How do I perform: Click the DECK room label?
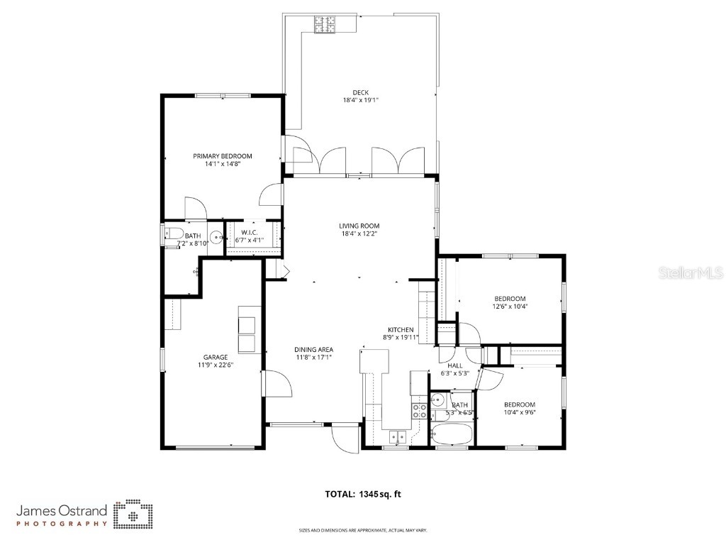tap(360, 92)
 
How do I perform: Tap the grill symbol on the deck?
tap(325, 24)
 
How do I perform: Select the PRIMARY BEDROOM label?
tap(223, 156)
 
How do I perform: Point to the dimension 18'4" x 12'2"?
tap(359, 233)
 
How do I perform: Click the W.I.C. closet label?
tap(249, 232)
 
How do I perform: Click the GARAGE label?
tap(215, 357)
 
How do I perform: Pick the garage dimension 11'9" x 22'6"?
tap(215, 365)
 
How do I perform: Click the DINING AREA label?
tap(314, 349)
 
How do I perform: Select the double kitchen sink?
tap(396, 436)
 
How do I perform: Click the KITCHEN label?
tap(400, 330)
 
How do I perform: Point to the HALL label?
tap(454, 365)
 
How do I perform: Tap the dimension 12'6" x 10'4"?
tap(510, 307)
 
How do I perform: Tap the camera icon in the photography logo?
tap(133, 514)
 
